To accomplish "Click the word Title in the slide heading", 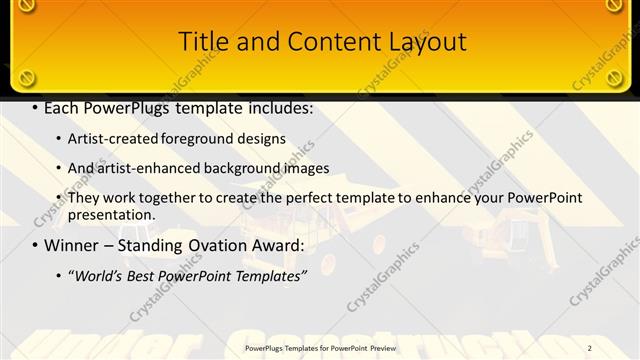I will click(x=201, y=42).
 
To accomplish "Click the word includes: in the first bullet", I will click(x=274, y=107).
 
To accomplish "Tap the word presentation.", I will click(x=111, y=214).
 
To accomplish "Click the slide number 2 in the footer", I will click(x=618, y=348).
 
